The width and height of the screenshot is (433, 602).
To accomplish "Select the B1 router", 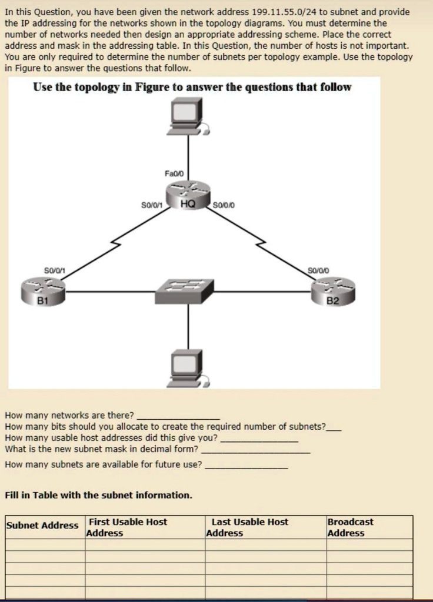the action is (x=44, y=292).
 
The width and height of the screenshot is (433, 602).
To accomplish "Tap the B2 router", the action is (x=333, y=292).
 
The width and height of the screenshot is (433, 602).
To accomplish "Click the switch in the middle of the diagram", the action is (x=184, y=291).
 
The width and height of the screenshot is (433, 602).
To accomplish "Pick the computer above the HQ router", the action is (x=188, y=116).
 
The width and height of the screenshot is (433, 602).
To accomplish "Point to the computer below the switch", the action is (x=188, y=368).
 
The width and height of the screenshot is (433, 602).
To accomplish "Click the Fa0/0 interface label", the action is (x=174, y=173).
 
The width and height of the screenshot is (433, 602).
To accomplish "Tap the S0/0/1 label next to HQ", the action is (x=151, y=205).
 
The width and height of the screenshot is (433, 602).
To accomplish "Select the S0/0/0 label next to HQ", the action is (x=224, y=205).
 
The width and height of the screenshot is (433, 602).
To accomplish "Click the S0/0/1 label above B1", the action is (x=55, y=270).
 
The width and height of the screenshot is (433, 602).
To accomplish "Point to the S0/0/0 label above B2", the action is (x=318, y=270).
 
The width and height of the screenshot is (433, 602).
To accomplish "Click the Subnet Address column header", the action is (x=42, y=525).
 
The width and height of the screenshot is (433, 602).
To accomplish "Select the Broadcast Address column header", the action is (x=350, y=527).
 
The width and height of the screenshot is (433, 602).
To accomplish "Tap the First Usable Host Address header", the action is (x=126, y=527).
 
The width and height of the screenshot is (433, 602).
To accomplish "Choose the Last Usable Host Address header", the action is (x=247, y=527).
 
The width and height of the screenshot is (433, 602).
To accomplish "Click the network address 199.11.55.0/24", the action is (x=284, y=12).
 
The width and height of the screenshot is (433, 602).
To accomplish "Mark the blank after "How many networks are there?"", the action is (x=179, y=419).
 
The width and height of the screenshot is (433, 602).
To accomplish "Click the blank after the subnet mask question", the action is (x=256, y=452).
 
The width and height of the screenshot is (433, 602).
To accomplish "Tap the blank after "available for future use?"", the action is (x=247, y=467).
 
